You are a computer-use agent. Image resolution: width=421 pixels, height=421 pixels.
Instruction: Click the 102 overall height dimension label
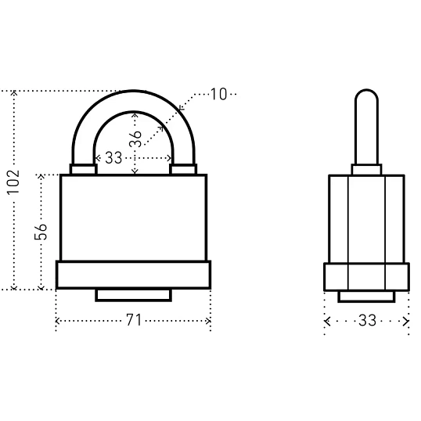(x=13, y=182)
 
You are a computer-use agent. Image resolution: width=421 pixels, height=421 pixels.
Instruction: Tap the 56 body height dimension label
(x=41, y=232)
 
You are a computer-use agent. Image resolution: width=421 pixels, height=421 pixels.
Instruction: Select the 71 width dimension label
(x=134, y=320)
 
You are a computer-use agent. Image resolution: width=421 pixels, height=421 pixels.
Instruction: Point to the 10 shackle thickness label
(x=218, y=94)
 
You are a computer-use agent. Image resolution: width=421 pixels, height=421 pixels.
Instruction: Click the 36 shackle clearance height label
(x=135, y=139)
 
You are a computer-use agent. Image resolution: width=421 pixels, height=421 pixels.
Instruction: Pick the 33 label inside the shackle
(x=113, y=157)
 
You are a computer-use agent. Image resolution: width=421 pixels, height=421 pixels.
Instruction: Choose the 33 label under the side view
(x=368, y=320)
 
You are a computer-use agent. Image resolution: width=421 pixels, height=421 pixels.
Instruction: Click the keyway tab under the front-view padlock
(x=134, y=295)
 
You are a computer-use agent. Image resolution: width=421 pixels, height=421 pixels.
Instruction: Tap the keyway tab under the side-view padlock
(x=366, y=297)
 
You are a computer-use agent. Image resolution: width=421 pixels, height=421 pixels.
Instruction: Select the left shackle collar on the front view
(x=84, y=170)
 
